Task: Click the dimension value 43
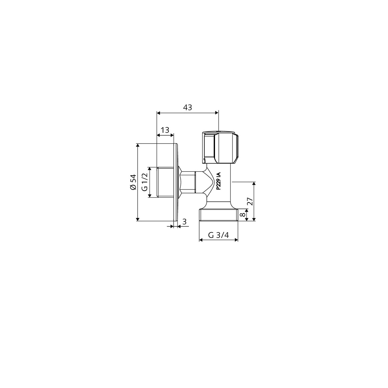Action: tap(188, 108)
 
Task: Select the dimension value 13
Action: tap(165, 130)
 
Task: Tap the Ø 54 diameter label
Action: tap(133, 182)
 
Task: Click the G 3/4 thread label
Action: tap(219, 235)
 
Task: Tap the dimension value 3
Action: tap(184, 222)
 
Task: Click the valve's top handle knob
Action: tap(221, 147)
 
